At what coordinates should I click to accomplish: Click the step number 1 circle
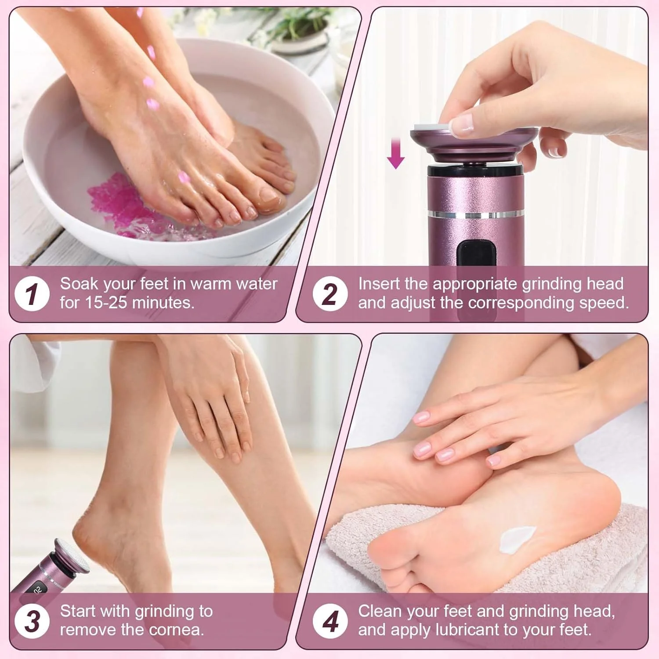pos(32,293)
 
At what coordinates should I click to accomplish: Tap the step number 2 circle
pos(330,293)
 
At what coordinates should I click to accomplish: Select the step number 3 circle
pos(32,621)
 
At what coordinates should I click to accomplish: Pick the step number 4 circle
pos(330,621)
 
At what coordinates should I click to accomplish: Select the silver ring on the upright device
pos(476,215)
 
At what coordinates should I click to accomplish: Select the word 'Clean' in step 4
pos(380,611)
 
